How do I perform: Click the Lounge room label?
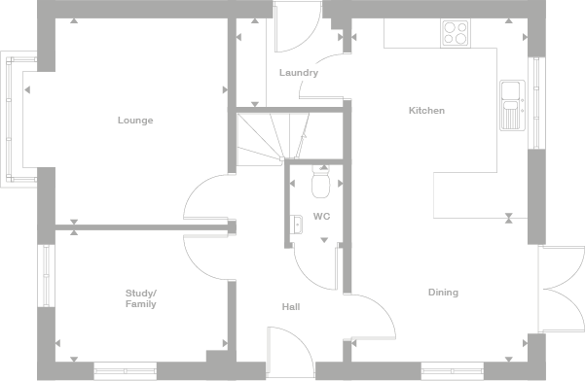click(x=135, y=121)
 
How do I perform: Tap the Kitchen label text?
click(x=426, y=111)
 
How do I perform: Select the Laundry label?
click(x=298, y=73)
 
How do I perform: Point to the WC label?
click(x=321, y=216)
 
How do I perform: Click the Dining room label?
click(x=443, y=293)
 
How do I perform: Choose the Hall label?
click(x=290, y=307)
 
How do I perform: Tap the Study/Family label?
click(x=141, y=298)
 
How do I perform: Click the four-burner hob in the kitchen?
click(x=456, y=33)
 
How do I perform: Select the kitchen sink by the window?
click(x=511, y=105)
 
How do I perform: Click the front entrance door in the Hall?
click(x=289, y=350)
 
